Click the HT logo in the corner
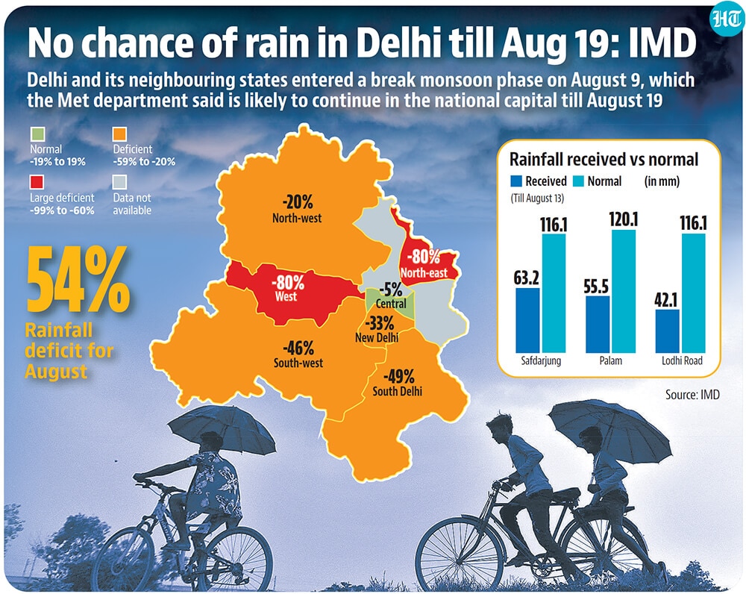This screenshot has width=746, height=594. pyautogui.click(x=726, y=20)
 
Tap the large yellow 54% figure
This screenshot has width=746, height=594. pyautogui.click(x=78, y=280)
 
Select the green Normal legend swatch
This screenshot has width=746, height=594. pyautogui.click(x=37, y=134)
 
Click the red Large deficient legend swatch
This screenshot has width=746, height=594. pyautogui.click(x=37, y=182)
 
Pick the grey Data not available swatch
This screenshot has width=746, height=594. pyautogui.click(x=120, y=182)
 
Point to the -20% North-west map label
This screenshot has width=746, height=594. pyautogui.click(x=297, y=210)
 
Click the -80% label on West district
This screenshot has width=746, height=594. pyautogui.click(x=287, y=289)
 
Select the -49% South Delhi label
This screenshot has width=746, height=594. pyautogui.click(x=398, y=383)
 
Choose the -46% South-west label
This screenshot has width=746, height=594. pyautogui.click(x=298, y=355)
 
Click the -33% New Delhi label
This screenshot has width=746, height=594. pyautogui.click(x=377, y=329)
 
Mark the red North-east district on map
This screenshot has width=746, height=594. pyautogui.click(x=425, y=257)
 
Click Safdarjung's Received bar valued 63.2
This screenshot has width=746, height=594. pyautogui.click(x=527, y=320)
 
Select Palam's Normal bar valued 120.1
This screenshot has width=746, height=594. pyautogui.click(x=623, y=291)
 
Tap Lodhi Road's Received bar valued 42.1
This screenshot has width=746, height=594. pyautogui.click(x=668, y=331)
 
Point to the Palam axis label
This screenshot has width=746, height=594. pyautogui.click(x=610, y=360)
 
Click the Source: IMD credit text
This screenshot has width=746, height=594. pyautogui.click(x=692, y=395)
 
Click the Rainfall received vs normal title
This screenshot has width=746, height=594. pyautogui.click(x=604, y=160)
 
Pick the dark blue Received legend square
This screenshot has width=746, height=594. pyautogui.click(x=516, y=181)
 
